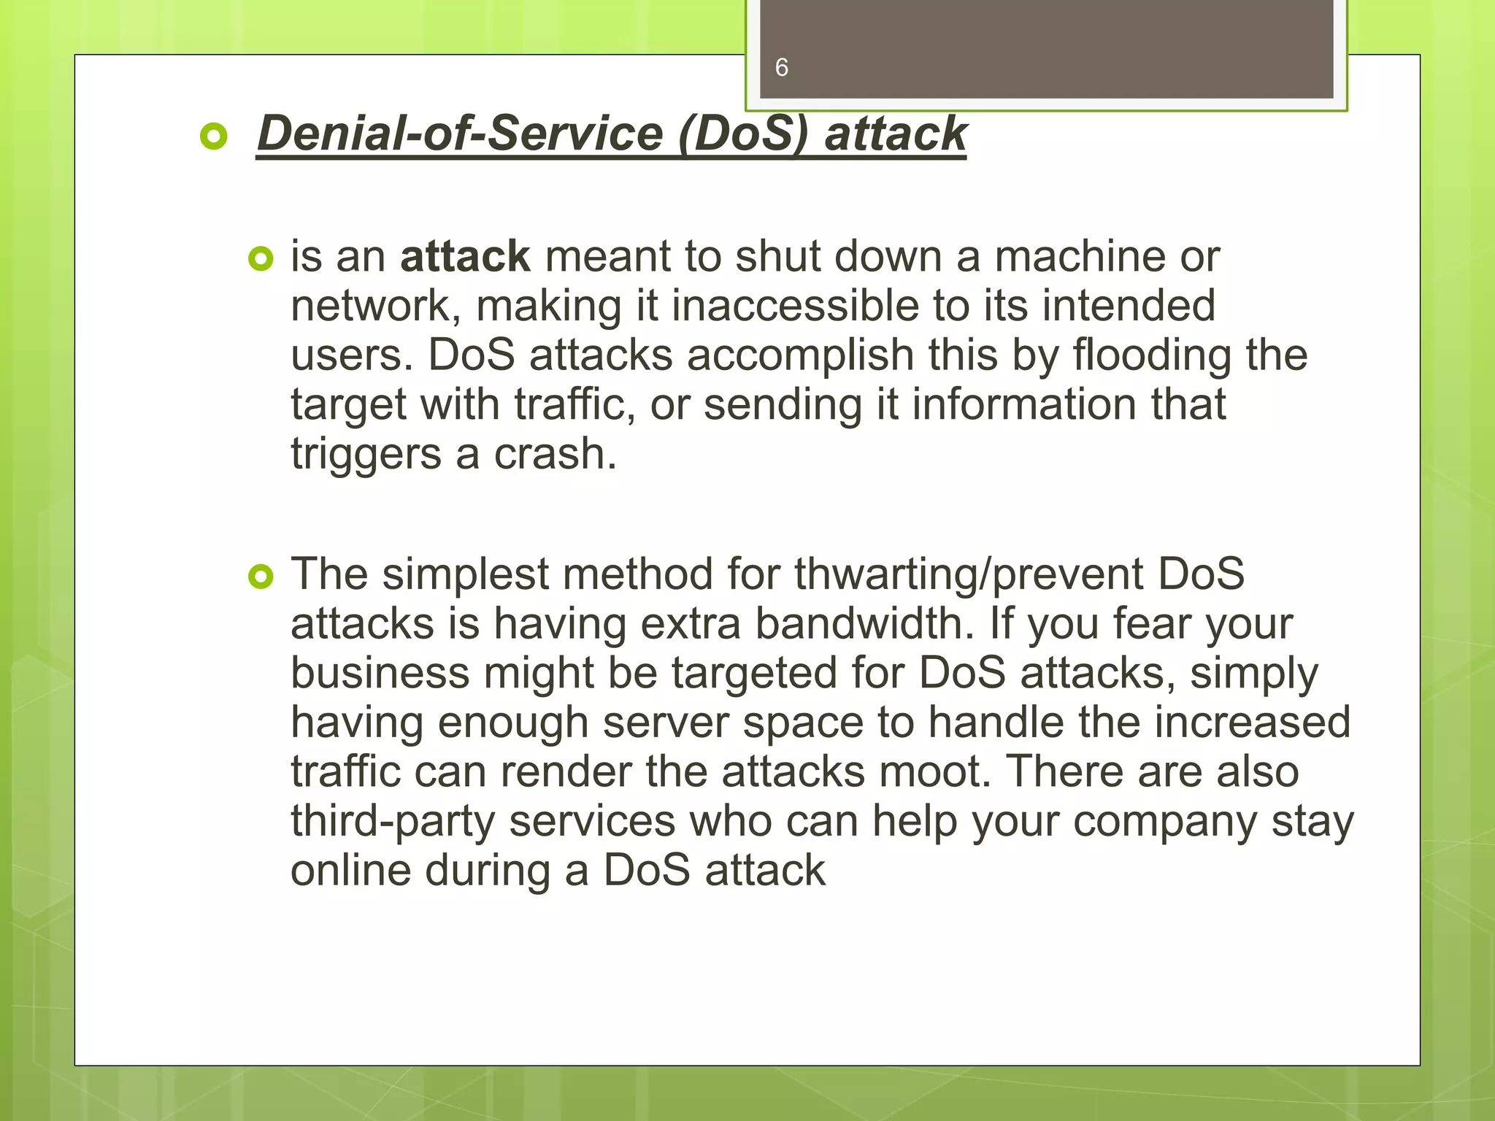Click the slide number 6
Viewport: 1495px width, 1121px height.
point(781,68)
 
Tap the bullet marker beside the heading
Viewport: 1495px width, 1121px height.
point(214,136)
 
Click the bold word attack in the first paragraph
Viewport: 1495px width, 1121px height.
point(465,257)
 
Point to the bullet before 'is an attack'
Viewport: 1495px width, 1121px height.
point(261,259)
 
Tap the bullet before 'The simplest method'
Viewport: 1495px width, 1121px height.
point(261,577)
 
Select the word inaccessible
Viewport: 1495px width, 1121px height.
point(795,306)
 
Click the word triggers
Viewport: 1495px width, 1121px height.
point(366,454)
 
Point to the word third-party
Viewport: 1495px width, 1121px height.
point(392,822)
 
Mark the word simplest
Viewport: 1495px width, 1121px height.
point(465,574)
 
